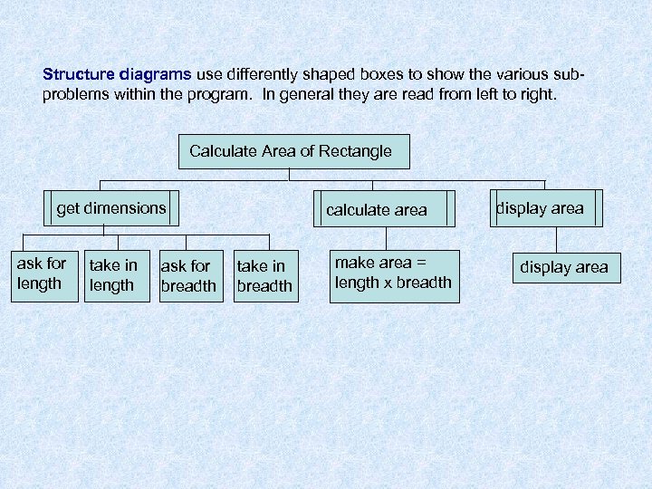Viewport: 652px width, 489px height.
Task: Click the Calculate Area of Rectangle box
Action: tap(291, 151)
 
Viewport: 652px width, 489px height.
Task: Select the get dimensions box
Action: tap(111, 208)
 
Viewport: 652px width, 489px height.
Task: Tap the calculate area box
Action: tap(377, 210)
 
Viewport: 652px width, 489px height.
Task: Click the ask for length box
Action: tap(42, 274)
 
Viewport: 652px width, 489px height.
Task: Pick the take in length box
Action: tap(113, 275)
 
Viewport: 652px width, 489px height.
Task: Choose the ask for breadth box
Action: tap(188, 276)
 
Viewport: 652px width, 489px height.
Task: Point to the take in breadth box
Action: tap(264, 276)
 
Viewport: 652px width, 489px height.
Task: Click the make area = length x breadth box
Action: tap(393, 273)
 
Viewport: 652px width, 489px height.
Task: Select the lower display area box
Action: tap(563, 268)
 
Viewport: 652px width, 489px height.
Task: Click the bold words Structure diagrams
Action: tap(117, 74)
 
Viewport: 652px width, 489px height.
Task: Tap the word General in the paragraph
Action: tap(313, 93)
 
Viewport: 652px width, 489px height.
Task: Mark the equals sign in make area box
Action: tap(419, 263)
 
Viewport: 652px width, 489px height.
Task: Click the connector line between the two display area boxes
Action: tap(557, 238)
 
